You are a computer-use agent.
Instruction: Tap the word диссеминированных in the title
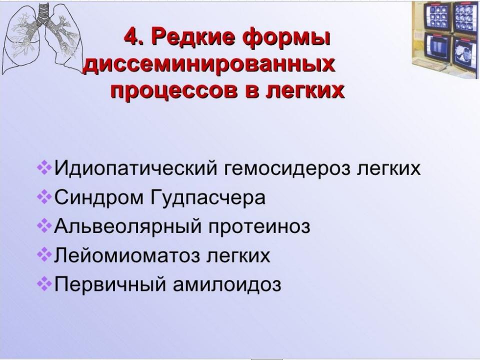coord(209,65)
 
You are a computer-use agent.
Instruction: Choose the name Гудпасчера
coord(208,198)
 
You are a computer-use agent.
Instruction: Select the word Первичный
coord(110,284)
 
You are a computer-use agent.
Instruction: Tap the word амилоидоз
coord(227,284)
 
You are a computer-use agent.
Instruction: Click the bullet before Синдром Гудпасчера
coord(44,197)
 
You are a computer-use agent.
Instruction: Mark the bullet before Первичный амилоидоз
coord(44,283)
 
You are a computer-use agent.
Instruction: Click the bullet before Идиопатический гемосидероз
coord(44,168)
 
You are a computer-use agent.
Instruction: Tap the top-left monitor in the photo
coord(437,17)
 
